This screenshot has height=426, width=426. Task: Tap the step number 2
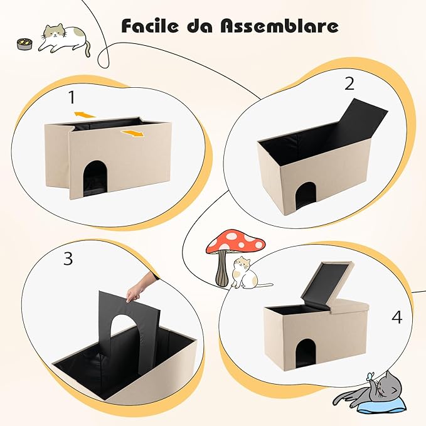pyautogui.click(x=349, y=83)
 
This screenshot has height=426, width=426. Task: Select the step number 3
pyautogui.click(x=68, y=259)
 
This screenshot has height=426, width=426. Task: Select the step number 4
pyautogui.click(x=396, y=317)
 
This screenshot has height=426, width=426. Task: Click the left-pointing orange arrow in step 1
pyautogui.click(x=84, y=114)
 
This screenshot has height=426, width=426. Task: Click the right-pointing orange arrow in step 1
pyautogui.click(x=132, y=133)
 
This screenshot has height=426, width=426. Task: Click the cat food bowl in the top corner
pyautogui.click(x=24, y=44)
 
